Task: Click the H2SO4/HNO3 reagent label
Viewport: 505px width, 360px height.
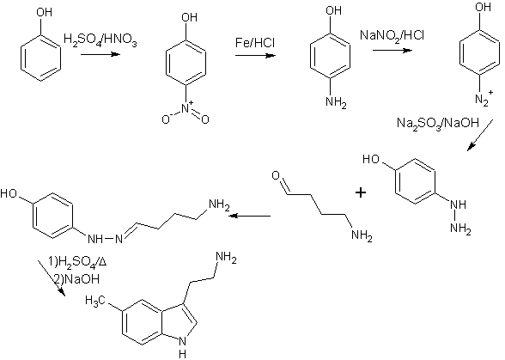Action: click(x=100, y=40)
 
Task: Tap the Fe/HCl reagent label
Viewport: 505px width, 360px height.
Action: click(x=255, y=43)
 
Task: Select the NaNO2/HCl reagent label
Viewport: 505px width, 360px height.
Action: click(x=392, y=35)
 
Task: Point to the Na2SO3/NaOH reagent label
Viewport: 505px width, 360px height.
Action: click(x=438, y=123)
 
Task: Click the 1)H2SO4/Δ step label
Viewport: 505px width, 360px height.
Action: click(x=77, y=262)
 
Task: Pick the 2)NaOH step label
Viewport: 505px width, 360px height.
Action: click(x=76, y=278)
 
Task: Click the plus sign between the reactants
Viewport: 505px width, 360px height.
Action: click(x=361, y=192)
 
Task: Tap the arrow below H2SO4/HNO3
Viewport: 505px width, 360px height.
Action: click(x=100, y=54)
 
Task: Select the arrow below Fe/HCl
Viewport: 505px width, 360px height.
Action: click(x=255, y=56)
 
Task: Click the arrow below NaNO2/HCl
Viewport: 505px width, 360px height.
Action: click(x=392, y=51)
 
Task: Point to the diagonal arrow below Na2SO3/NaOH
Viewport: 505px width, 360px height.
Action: click(x=480, y=135)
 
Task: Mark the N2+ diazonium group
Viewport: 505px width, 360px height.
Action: click(x=484, y=98)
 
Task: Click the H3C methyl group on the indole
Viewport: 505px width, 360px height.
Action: click(x=95, y=301)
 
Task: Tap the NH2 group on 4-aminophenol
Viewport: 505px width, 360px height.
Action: click(x=336, y=103)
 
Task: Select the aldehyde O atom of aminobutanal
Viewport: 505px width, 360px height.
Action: click(x=276, y=175)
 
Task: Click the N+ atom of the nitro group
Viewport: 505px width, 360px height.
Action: click(x=187, y=107)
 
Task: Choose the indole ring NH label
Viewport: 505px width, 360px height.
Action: click(x=182, y=347)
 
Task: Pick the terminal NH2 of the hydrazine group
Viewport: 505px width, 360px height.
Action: click(x=460, y=229)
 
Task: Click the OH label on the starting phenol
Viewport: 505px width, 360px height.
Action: click(x=44, y=12)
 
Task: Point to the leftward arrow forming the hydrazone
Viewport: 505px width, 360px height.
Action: click(x=250, y=216)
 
